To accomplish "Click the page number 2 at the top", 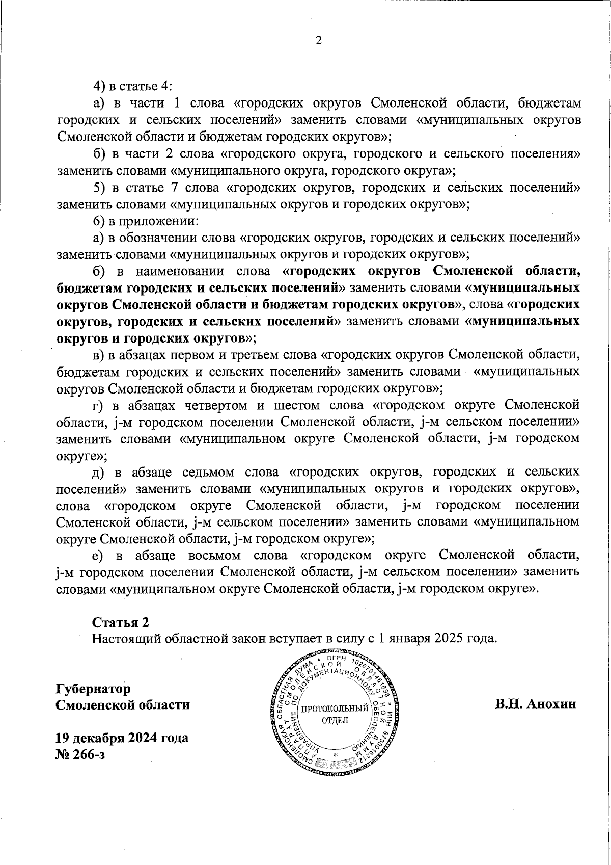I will [x=319, y=41].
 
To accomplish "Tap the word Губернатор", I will [x=93, y=689].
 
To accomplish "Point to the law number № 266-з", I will [x=80, y=754].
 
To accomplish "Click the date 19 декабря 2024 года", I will [x=122, y=738].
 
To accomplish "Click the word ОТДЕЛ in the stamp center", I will [x=335, y=721].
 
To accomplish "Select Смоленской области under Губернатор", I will [x=123, y=705].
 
